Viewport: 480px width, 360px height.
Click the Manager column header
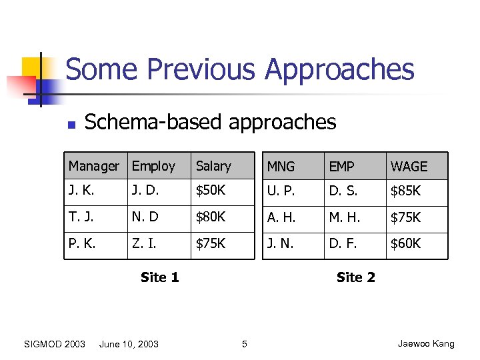pyautogui.click(x=94, y=166)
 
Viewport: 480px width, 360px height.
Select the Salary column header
pyautogui.click(x=213, y=166)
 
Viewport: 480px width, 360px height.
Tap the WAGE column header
pyautogui.click(x=409, y=167)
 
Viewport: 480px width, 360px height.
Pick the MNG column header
pyautogui.click(x=281, y=167)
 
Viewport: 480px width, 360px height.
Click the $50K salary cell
pyautogui.click(x=211, y=191)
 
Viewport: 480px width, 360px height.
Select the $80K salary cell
pyautogui.click(x=211, y=217)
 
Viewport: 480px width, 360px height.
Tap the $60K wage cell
pyautogui.click(x=405, y=243)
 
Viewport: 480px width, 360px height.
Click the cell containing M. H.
pyautogui.click(x=343, y=217)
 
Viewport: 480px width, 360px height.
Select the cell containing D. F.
pyautogui.click(x=343, y=243)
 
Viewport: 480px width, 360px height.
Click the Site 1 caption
pyautogui.click(x=160, y=277)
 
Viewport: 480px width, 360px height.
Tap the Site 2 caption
pyautogui.click(x=356, y=277)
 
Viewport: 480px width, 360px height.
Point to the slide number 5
pyautogui.click(x=244, y=344)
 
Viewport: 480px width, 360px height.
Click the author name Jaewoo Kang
pyautogui.click(x=426, y=344)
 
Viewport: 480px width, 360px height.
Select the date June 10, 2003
pyautogui.click(x=129, y=344)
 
